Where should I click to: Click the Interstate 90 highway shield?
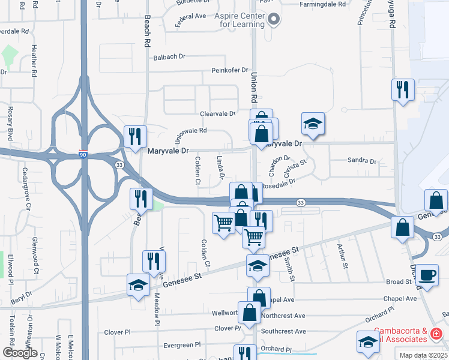[x=83, y=155]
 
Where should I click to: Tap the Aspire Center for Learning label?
[x=240, y=20]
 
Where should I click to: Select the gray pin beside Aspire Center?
[x=274, y=19]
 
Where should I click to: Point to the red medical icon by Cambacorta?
[x=437, y=334]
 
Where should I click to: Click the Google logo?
[x=20, y=353]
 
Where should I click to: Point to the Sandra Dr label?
[x=362, y=161]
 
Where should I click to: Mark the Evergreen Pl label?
[x=182, y=345]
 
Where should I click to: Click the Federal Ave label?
[x=190, y=20]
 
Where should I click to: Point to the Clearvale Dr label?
[x=217, y=113]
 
